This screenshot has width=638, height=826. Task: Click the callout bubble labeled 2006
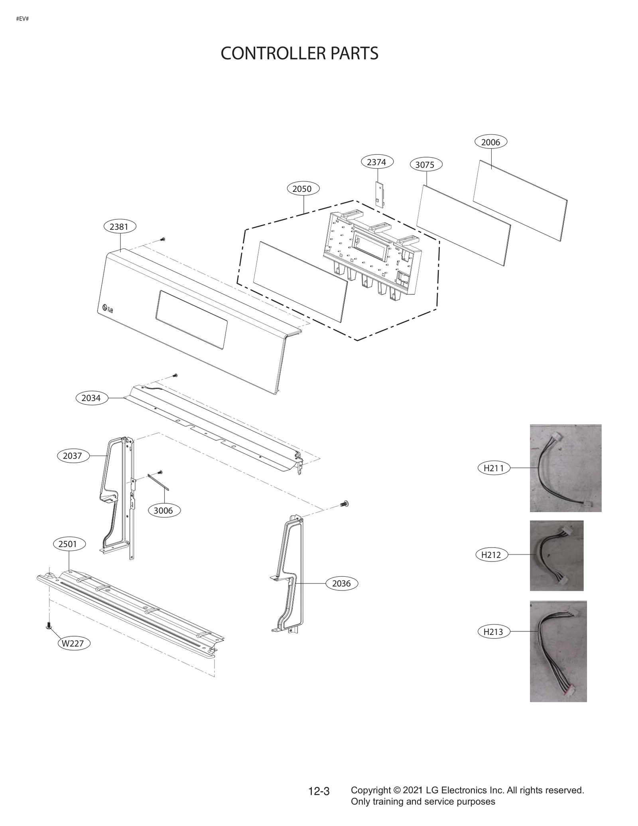[x=490, y=142]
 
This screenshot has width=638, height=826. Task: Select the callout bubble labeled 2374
[x=377, y=162]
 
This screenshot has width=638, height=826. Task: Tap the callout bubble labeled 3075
[x=426, y=165]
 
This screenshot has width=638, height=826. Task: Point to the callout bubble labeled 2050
[x=303, y=189]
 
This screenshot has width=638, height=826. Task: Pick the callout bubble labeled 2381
[x=120, y=227]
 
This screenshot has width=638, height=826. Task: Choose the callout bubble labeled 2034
[x=91, y=398]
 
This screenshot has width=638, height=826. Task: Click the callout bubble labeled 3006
[x=163, y=511]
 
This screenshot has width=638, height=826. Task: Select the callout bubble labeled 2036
[x=342, y=584]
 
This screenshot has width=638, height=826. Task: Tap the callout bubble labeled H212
[x=491, y=554]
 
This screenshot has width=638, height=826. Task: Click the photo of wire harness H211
[x=565, y=468]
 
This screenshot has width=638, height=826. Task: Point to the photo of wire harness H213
[x=558, y=651]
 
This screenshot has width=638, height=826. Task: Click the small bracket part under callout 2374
[x=380, y=194]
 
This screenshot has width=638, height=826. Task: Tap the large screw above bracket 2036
[x=345, y=504]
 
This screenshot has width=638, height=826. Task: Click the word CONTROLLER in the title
[x=267, y=53]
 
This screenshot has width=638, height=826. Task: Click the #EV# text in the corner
[x=22, y=19]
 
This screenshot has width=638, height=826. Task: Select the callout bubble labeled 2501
[x=69, y=544]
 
